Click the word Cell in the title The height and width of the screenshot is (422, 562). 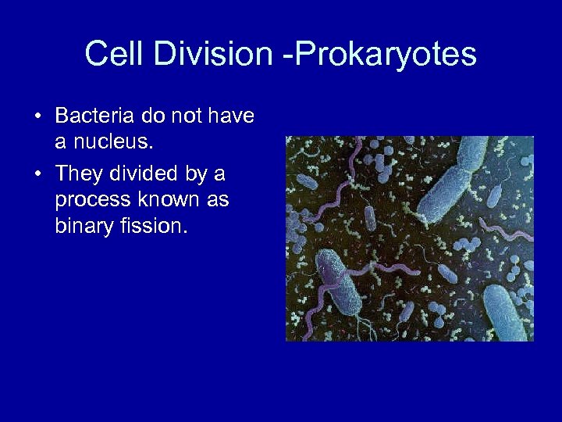(x=111, y=55)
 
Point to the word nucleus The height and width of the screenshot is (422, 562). (x=98, y=144)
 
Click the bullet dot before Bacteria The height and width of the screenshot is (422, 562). (x=37, y=117)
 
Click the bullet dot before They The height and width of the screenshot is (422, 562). (x=37, y=173)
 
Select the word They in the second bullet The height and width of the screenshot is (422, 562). (x=80, y=172)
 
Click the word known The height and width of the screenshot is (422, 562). (x=167, y=199)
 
